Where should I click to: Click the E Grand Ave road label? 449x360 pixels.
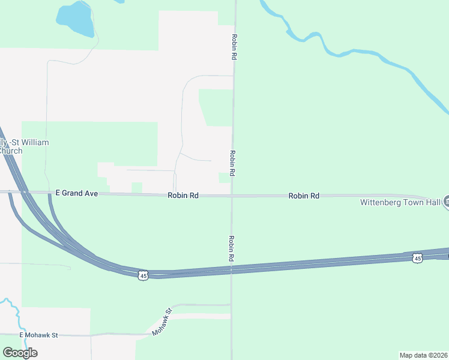76,193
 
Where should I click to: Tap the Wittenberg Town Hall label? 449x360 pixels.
400,202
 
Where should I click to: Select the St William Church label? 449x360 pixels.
24,146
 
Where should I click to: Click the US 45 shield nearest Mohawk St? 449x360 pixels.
142,275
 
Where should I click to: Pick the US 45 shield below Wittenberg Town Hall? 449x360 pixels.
417,258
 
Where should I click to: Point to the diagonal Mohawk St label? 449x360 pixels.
161,322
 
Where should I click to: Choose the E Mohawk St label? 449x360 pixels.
38,335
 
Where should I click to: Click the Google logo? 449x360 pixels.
20,352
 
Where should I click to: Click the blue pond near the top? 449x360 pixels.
76,20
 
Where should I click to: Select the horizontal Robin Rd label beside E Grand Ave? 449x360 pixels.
183,196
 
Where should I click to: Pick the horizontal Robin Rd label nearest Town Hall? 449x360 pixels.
303,196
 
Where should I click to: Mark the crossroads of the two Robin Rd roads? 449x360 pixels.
232,196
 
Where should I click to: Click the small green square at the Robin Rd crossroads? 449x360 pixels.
224,178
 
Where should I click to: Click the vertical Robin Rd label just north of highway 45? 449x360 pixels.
231,247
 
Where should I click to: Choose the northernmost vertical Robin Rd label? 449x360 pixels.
234,46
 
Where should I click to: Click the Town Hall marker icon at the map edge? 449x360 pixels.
446,202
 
